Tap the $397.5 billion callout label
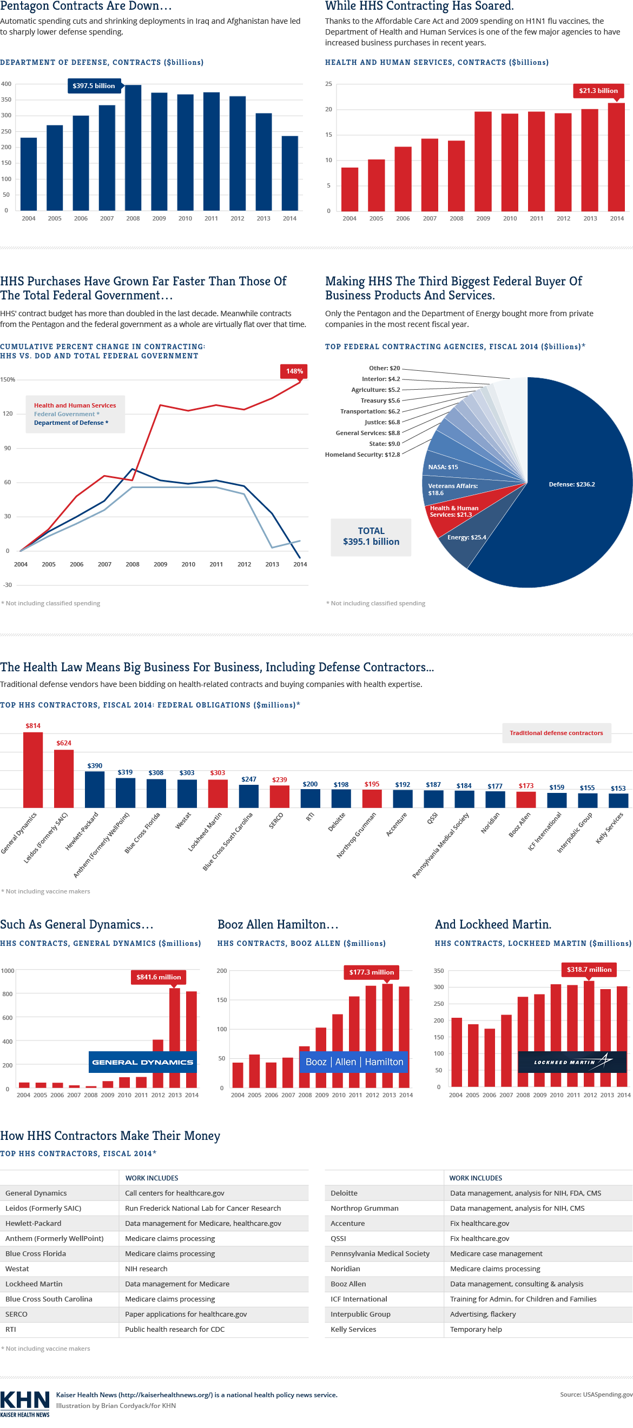coord(94,86)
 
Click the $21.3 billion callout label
coord(598,91)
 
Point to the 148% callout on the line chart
coord(294,371)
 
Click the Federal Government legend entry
coord(67,414)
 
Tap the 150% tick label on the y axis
coord(8,380)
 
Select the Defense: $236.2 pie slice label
coord(571,484)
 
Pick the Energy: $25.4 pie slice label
coord(466,538)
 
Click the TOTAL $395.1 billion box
coord(371,537)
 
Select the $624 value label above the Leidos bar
coord(64,743)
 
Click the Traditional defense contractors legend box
coord(556,733)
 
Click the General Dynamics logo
coord(143,1062)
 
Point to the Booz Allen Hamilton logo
coord(354,1062)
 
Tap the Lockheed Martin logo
coord(572,1062)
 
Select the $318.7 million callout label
coord(589,970)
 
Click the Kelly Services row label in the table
coord(353,1329)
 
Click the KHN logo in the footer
coord(25,1403)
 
